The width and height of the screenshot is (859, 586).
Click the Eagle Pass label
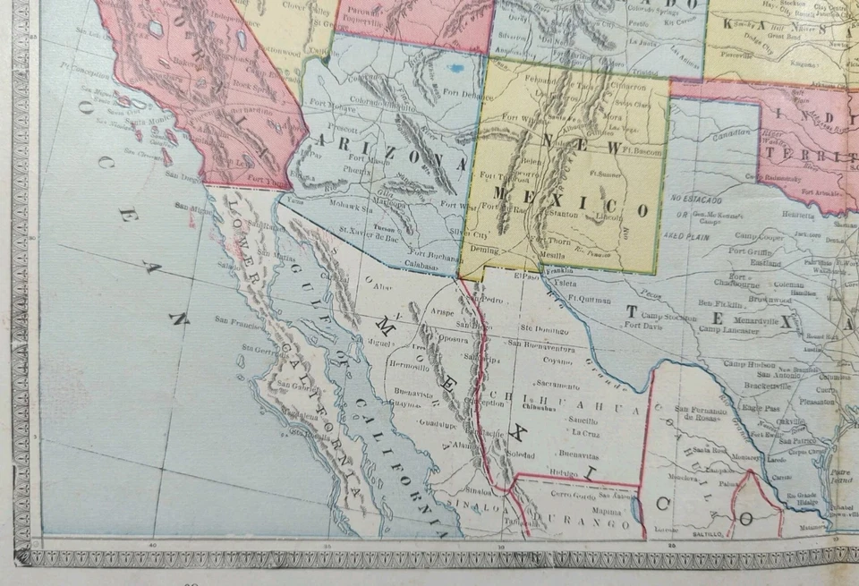click(757, 407)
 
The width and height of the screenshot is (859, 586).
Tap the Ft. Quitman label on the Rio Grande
click(589, 300)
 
